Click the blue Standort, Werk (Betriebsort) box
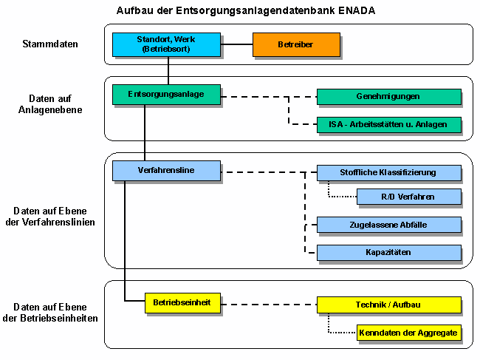pos(166,44)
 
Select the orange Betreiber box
pos(296,44)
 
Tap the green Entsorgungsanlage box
pos(166,95)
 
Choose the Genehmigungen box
pos(388,97)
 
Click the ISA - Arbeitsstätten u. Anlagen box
pos(388,124)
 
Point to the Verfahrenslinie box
pos(166,171)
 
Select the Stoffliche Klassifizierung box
pos(388,172)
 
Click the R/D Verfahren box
pos(408,197)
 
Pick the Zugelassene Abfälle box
pos(388,225)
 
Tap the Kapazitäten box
pos(388,252)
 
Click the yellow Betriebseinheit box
pos(182,303)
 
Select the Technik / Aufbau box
pos(388,305)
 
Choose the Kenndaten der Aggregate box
pos(408,333)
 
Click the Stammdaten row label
pos(50,44)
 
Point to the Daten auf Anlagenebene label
pos(50,103)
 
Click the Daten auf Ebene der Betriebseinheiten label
pos(50,312)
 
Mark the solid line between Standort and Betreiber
pos(237,44)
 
